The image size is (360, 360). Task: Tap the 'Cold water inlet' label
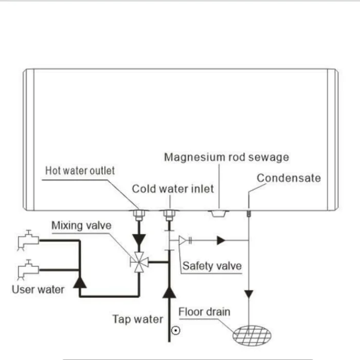pos(173,189)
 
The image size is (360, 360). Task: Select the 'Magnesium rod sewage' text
pos(226,157)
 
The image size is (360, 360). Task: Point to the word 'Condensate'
pos(289,178)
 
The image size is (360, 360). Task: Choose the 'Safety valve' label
pos(212,266)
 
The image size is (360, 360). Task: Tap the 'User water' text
pos(38,289)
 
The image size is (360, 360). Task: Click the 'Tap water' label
pos(137,319)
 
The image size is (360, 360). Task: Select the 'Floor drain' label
pos(204,312)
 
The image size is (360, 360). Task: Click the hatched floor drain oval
pos(251,335)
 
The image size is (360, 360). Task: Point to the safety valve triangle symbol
pos(182,240)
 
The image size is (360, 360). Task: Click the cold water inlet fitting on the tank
pos(169,214)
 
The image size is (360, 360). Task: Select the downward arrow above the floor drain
pos(248,295)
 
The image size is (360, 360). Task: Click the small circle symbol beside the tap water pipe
pos(176,331)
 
